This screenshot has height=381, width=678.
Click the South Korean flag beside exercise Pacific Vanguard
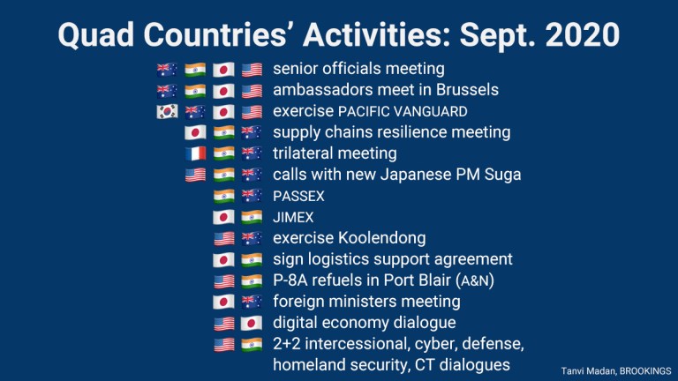167,111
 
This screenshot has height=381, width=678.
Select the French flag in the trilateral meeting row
195,153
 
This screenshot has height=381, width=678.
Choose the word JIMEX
293,217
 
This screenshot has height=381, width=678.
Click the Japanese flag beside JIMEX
223,217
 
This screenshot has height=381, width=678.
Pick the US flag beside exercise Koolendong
223,238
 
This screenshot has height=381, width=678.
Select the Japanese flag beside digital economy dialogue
252,323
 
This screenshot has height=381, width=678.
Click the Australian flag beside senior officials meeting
167,69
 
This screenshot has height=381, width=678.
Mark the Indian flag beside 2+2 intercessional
252,344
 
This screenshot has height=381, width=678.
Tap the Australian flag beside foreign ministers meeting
252,302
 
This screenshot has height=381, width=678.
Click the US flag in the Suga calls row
195,175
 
